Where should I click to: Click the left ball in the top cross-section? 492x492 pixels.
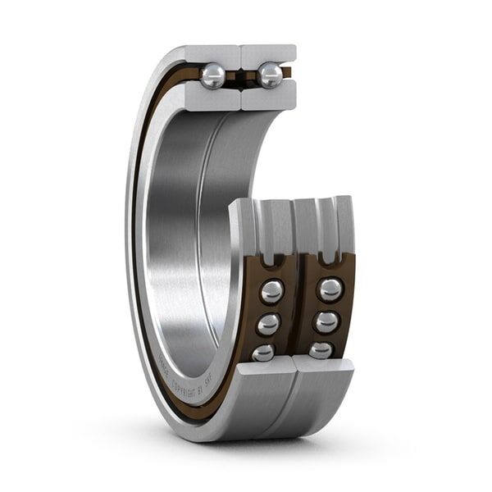(213, 76)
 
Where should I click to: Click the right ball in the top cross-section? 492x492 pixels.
(270, 76)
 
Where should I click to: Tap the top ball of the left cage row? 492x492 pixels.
(272, 291)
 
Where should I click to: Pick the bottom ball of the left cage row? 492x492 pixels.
(263, 352)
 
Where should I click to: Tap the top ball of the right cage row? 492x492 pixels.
(330, 289)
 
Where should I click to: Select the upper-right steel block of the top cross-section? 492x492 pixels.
(269, 55)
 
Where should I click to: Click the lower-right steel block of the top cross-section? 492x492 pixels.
(268, 98)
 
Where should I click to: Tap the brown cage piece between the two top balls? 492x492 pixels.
(240, 78)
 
